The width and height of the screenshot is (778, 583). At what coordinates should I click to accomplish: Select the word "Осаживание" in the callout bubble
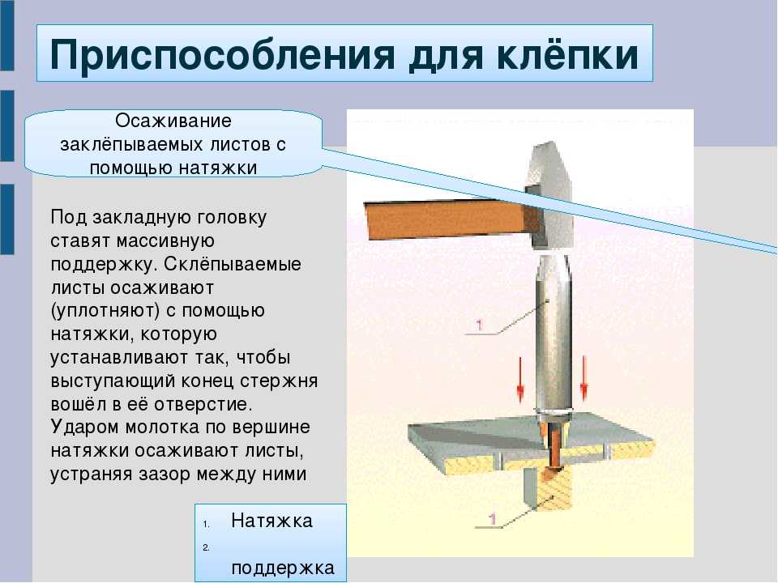pos(173,121)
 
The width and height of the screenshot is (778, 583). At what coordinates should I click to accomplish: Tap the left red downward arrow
pos(520,378)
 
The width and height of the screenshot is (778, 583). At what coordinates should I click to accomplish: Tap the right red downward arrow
pos(584,378)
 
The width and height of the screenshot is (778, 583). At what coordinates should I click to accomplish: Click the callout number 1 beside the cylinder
pos(479,325)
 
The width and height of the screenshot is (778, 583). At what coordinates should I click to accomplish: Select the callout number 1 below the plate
pos(492,518)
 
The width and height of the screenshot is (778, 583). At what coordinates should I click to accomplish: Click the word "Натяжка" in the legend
pos(272,521)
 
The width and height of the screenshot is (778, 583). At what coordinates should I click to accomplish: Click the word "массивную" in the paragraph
pos(165,241)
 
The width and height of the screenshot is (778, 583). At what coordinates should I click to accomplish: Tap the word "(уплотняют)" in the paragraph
pos(105,311)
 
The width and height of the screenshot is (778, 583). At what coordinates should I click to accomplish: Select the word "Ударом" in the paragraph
pos(85,428)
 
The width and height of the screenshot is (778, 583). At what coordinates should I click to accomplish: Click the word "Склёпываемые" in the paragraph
pos(233,264)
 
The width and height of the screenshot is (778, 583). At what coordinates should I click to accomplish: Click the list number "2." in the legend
pos(206,547)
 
